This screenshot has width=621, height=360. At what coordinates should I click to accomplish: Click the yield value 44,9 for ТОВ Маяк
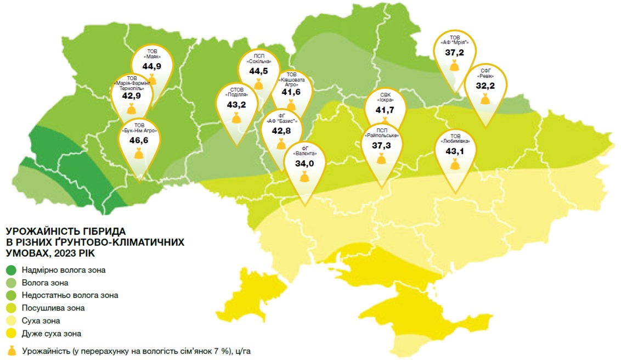(151, 66)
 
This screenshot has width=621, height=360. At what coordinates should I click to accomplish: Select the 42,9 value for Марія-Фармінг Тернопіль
(132, 95)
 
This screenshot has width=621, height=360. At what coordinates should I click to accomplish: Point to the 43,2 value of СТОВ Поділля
(236, 104)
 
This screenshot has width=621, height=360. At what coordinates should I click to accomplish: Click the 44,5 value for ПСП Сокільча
(258, 71)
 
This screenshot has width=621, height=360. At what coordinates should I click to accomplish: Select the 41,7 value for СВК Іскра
(385, 110)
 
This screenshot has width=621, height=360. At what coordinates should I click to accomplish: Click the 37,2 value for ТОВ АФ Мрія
(454, 52)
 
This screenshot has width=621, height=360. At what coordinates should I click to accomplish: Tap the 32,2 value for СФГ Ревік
(485, 86)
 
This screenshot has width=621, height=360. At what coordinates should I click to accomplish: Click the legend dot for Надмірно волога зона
(11, 270)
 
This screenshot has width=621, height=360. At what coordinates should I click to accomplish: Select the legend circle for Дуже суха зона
(11, 333)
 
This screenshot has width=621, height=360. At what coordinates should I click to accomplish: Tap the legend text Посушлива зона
(53, 308)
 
